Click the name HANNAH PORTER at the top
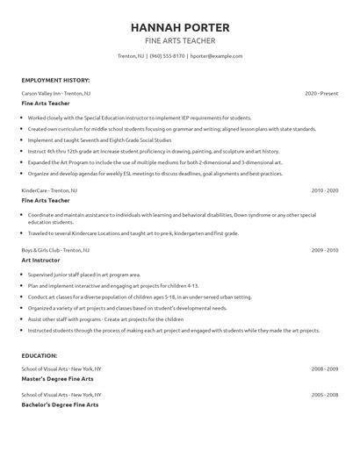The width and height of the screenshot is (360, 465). click(179, 27)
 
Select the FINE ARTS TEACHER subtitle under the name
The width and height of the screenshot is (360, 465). click(179, 40)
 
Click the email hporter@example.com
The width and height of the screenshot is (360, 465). click(216, 55)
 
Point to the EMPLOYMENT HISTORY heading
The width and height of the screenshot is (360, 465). click(55, 80)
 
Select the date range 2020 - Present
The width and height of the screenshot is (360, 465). click(321, 92)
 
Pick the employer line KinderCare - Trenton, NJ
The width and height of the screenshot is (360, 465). click(49, 190)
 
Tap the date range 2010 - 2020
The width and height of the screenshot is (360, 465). click(324, 190)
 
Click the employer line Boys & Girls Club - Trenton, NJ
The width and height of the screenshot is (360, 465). click(55, 250)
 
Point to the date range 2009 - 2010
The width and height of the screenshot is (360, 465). click(324, 250)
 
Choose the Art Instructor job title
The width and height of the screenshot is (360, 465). click(42, 260)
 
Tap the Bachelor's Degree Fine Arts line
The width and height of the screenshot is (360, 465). click(60, 404)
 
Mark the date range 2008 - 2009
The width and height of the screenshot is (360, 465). click(324, 368)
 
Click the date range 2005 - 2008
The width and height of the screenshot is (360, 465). click(324, 395)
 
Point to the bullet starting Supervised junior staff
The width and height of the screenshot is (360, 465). click(84, 275)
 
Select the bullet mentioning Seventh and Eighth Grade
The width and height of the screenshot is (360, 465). click(99, 139)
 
